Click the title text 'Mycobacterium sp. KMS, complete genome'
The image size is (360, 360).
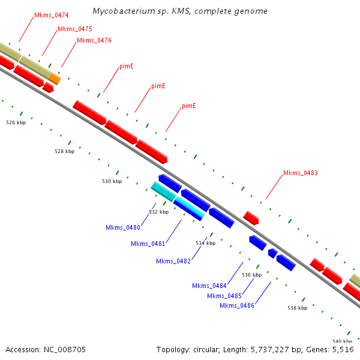180,11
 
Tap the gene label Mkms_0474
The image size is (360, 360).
51,15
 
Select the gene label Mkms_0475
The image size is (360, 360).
74,29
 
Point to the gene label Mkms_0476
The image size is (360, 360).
94,41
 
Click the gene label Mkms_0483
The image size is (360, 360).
300,173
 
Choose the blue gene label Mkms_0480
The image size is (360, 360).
122,228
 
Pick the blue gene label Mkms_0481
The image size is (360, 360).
148,244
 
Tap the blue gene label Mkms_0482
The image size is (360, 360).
173,261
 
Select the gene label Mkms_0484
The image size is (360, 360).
209,286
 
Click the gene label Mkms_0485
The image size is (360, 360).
224,296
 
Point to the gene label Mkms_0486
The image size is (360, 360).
236,306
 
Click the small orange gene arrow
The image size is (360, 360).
55,78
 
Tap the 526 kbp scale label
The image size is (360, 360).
16,122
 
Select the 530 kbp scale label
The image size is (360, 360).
112,181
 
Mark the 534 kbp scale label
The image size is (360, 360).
205,243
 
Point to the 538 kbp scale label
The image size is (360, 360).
297,308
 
